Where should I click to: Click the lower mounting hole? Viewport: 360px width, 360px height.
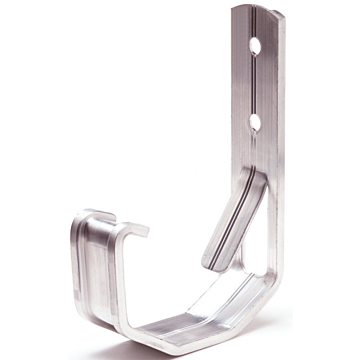(x=256, y=121)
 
